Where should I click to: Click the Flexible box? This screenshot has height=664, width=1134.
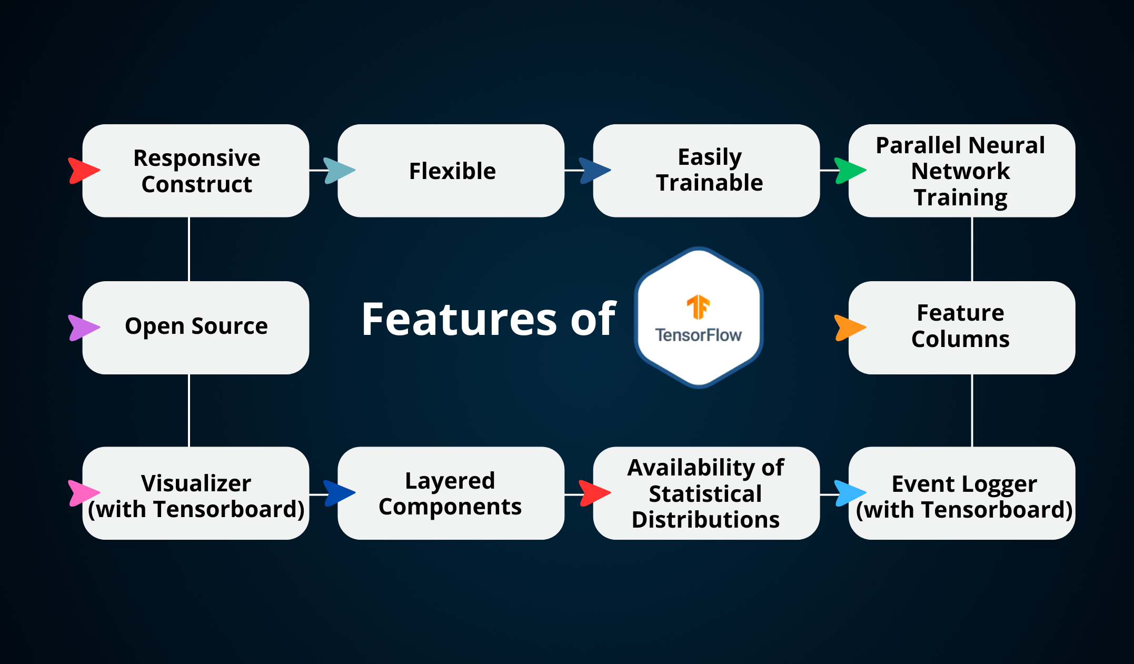click(x=451, y=171)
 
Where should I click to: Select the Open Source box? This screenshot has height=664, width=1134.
click(x=196, y=327)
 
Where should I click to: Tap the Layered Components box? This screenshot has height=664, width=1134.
click(x=451, y=493)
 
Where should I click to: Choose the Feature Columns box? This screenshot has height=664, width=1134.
click(x=961, y=327)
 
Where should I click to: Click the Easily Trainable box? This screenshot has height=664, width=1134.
click(x=707, y=171)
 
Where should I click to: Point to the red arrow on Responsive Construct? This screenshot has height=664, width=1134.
click(x=83, y=171)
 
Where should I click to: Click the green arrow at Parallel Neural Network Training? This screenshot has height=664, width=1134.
click(x=849, y=171)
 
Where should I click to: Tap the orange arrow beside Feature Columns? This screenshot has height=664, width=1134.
click(x=849, y=328)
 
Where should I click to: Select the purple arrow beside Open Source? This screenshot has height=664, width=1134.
click(x=83, y=328)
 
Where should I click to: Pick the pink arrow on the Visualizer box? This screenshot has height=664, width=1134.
click(x=83, y=493)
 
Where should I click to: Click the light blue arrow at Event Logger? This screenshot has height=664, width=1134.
click(x=849, y=493)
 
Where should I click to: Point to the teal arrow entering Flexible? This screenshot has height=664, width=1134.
click(x=339, y=171)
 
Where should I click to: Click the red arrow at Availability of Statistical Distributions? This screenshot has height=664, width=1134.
click(x=594, y=493)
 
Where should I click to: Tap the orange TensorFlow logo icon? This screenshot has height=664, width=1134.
click(x=699, y=307)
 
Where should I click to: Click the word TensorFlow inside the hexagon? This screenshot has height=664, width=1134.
click(x=699, y=335)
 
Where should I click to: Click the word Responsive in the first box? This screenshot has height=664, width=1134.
click(x=197, y=158)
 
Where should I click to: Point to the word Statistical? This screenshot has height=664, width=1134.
click(x=705, y=494)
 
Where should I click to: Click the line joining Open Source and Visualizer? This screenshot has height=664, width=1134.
click(x=189, y=411)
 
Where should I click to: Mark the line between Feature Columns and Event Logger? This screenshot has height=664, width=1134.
click(x=972, y=411)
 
